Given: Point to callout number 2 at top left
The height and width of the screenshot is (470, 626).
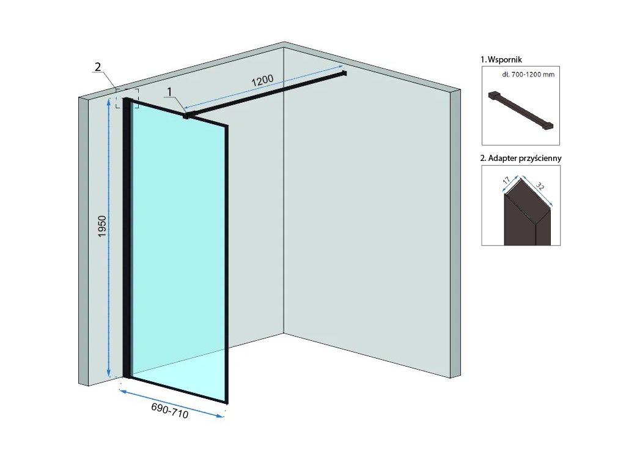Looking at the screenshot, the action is (97, 66).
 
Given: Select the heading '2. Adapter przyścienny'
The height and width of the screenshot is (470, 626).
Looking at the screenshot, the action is (521, 157).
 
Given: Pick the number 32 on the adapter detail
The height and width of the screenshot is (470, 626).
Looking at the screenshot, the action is (541, 186).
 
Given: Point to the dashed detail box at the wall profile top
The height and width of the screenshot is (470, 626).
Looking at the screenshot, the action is (127, 99).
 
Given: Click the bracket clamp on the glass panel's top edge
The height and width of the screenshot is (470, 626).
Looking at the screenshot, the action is (186, 114).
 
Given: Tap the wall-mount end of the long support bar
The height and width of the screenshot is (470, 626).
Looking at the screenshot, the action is (344, 74).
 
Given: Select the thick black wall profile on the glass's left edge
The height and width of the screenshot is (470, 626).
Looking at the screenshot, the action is (127, 239).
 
